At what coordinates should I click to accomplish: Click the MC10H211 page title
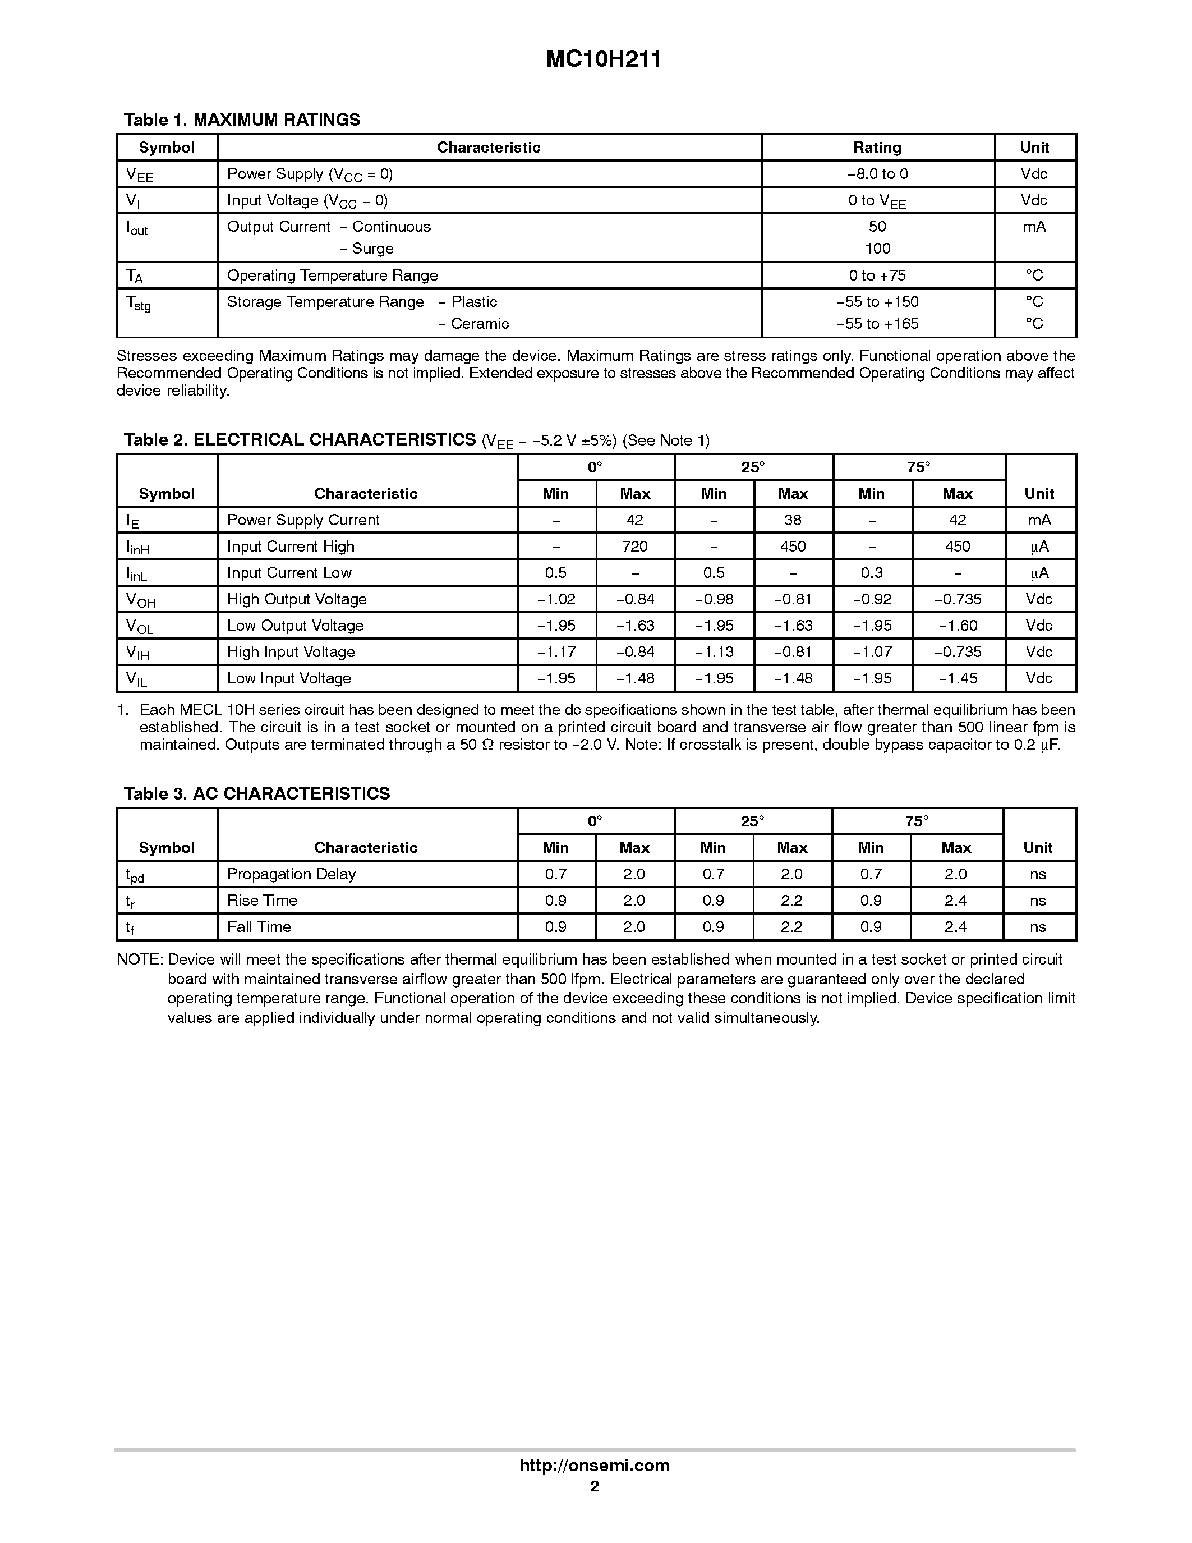point(603,59)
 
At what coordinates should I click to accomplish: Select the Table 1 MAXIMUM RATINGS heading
point(242,120)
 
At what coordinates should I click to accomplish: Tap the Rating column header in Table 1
point(877,148)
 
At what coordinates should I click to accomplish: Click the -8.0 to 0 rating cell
point(877,174)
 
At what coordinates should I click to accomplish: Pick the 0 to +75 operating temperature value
point(877,275)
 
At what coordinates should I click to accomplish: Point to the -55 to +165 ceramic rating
point(877,324)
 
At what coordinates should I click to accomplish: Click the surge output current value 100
point(878,249)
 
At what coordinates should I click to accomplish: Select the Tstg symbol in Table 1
point(139,303)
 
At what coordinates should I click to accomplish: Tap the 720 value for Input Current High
point(635,546)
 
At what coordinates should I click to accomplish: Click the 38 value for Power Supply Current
point(792,520)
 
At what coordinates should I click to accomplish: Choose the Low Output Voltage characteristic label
point(295,625)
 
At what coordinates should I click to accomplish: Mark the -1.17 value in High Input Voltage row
point(556,651)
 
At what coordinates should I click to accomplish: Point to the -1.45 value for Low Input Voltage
point(958,678)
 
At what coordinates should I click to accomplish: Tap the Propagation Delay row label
point(291,874)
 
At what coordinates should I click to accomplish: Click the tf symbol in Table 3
point(131,927)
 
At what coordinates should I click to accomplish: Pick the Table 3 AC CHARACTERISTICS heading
point(256,793)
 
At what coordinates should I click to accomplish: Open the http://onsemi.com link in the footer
point(595,1465)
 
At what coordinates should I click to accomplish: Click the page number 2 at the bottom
point(595,1486)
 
